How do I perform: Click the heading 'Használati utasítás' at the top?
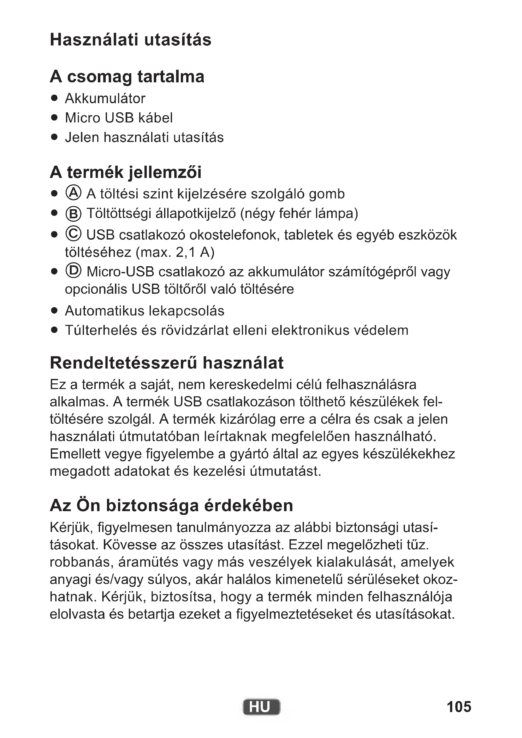131,40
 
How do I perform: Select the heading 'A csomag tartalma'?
127,77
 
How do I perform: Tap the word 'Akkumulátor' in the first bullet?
105,99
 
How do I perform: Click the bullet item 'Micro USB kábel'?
119,118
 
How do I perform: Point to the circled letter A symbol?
73,193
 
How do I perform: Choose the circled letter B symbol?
73,214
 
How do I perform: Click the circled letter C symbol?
73,234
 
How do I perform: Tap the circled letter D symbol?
73,271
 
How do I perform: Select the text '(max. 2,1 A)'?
175,253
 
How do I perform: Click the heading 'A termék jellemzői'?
126,172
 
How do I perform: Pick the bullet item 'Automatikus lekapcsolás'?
144,311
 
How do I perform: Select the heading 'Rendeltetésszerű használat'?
167,363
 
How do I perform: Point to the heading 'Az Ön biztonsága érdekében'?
171,505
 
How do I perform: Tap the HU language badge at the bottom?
261,707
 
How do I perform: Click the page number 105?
459,707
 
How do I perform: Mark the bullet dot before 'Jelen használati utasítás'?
54,138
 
